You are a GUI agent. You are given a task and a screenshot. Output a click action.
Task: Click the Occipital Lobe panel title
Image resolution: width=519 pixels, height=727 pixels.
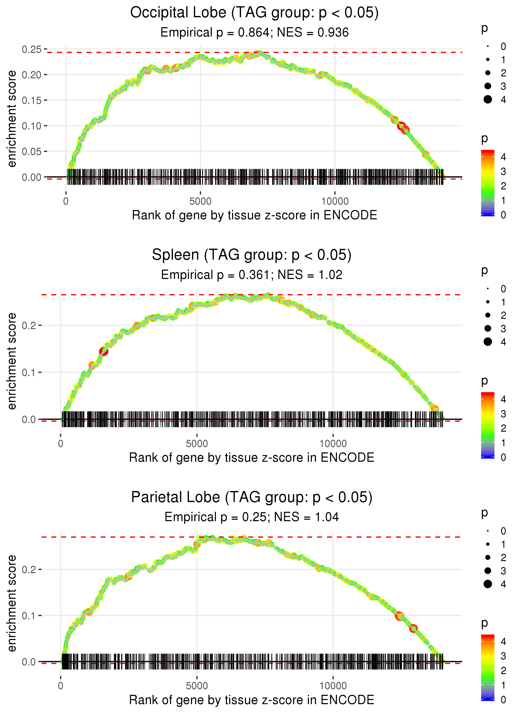click(x=254, y=13)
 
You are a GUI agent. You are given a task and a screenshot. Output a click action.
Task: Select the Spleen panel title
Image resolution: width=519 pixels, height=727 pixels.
click(x=252, y=255)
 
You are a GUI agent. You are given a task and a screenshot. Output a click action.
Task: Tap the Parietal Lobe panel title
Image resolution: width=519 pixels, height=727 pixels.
click(x=252, y=497)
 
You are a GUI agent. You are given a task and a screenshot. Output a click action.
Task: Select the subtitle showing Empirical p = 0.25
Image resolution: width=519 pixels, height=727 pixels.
click(x=252, y=517)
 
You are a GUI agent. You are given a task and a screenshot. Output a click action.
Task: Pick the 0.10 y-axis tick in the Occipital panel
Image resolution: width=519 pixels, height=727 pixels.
click(x=32, y=126)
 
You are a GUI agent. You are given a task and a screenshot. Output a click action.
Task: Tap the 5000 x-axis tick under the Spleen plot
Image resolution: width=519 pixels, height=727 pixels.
click(x=197, y=444)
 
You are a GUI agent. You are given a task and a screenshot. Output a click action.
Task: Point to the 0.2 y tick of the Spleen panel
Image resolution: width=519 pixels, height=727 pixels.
click(x=29, y=326)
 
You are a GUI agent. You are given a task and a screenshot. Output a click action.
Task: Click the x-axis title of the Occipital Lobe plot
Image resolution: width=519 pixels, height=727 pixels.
click(x=254, y=215)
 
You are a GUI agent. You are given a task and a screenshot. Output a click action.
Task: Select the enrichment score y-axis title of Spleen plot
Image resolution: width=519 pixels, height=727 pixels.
click(x=12, y=361)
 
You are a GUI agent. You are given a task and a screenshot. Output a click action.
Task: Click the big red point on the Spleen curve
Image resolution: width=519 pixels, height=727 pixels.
click(x=104, y=351)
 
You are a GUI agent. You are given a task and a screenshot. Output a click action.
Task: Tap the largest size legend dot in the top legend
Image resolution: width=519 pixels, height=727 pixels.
click(x=488, y=99)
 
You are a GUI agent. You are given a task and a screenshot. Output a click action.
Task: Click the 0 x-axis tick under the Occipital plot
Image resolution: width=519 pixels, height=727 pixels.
click(x=66, y=201)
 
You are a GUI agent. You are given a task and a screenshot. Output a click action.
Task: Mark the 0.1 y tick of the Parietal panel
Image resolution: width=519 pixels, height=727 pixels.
click(x=29, y=615)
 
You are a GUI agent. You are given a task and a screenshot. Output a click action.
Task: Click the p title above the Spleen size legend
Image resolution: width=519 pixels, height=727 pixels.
click(x=485, y=271)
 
